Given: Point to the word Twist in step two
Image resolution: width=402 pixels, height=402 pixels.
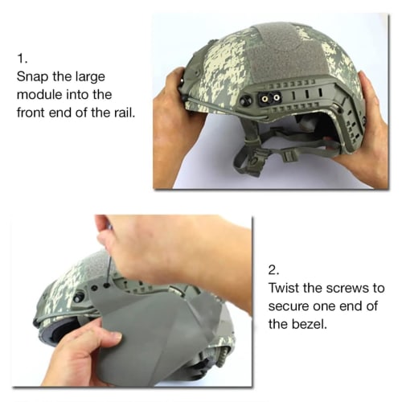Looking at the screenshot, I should [285, 288].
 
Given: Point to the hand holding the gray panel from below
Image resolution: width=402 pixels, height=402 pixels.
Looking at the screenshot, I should [76, 354].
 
